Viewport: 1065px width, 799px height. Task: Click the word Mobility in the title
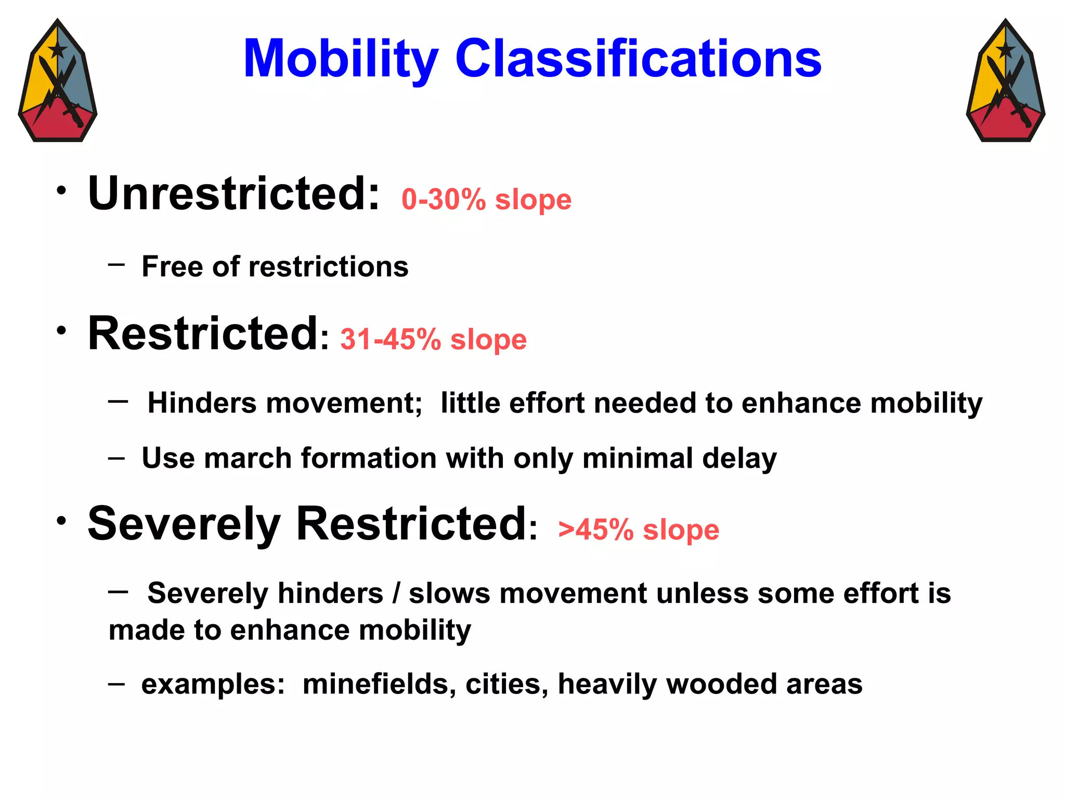click(x=341, y=59)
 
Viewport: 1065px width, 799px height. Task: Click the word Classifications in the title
click(x=638, y=59)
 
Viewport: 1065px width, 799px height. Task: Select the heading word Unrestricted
click(x=234, y=194)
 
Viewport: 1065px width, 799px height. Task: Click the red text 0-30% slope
click(x=486, y=200)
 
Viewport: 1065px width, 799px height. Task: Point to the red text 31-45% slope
click(x=433, y=340)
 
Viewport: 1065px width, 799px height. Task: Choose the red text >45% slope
click(x=639, y=530)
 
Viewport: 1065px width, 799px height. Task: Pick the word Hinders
click(x=202, y=403)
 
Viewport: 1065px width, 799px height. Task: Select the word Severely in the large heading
click(x=184, y=524)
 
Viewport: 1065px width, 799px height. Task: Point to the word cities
click(x=506, y=684)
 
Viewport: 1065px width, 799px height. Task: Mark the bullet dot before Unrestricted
click(x=62, y=190)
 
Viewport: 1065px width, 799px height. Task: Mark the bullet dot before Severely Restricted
click(x=62, y=521)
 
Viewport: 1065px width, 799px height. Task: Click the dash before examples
click(x=116, y=683)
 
